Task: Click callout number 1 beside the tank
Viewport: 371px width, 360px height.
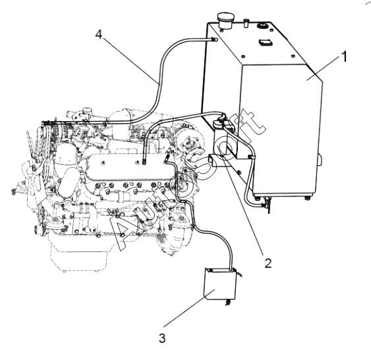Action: click(344, 57)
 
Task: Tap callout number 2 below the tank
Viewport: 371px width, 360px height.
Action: click(268, 263)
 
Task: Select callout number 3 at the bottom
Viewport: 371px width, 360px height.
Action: click(162, 338)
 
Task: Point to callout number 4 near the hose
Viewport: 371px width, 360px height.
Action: click(99, 34)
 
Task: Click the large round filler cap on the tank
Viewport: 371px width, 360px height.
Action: click(226, 21)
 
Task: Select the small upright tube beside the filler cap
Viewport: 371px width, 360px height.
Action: click(246, 23)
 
